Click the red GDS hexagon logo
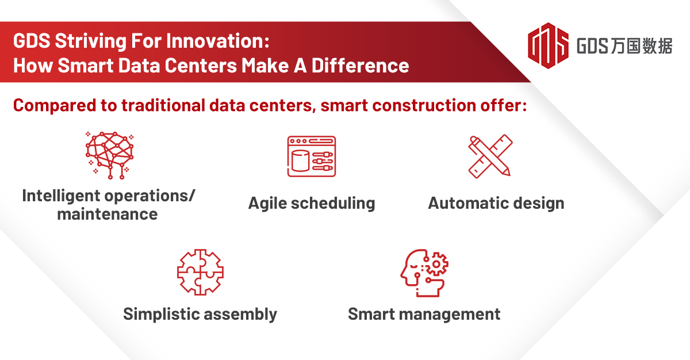tap(548, 45)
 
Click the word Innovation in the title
tap(218, 41)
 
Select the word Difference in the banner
tap(360, 66)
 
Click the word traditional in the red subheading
tap(163, 105)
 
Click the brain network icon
tap(110, 155)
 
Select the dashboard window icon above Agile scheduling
tap(312, 156)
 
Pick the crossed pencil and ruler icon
tap(490, 156)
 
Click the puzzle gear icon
tap(200, 272)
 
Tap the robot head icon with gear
tap(424, 273)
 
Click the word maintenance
tap(108, 215)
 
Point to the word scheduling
tap(333, 204)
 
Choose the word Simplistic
tap(162, 315)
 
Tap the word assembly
tap(240, 315)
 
